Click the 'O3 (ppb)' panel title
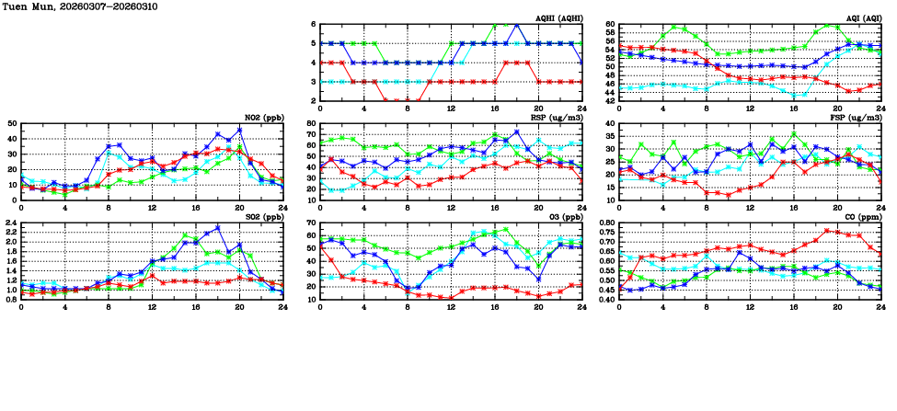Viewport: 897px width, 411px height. (x=563, y=217)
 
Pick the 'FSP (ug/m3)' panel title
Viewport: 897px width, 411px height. (x=857, y=118)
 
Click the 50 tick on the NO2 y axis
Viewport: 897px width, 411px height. (x=11, y=123)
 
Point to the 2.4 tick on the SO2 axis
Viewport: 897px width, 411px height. (x=9, y=223)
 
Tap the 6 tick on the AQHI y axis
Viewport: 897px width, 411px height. (x=312, y=24)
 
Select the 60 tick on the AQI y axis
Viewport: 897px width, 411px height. (x=609, y=24)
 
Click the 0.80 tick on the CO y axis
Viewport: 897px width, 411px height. (x=605, y=223)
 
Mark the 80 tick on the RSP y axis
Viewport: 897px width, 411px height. (x=310, y=123)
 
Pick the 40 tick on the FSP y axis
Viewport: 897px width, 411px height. (x=609, y=123)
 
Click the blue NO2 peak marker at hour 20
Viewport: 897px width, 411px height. (x=239, y=130)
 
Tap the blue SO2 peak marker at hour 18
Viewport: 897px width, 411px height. (x=218, y=227)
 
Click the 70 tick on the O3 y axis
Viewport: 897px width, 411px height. (x=310, y=223)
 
